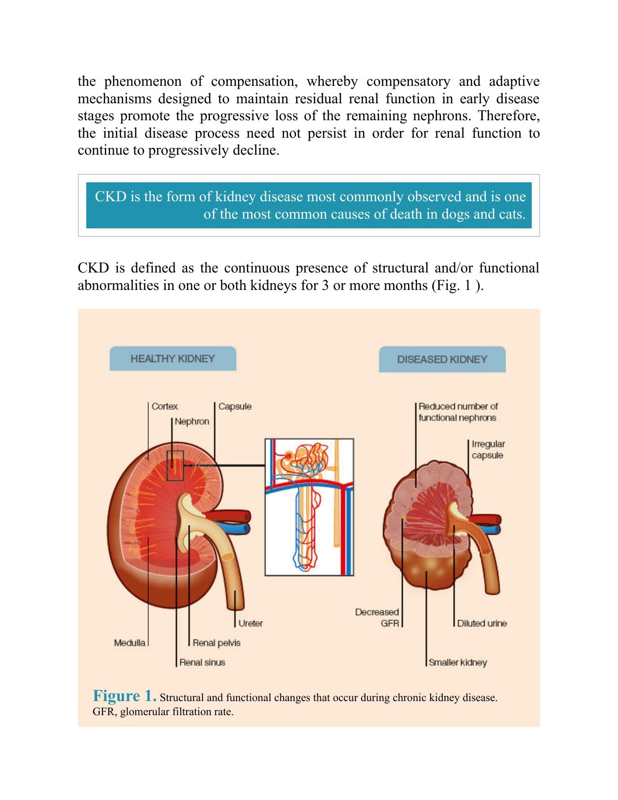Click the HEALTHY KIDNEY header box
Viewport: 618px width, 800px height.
[173, 358]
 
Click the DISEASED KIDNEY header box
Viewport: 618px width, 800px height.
[442, 359]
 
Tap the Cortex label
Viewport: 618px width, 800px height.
[164, 406]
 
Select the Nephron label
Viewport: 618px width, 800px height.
[191, 421]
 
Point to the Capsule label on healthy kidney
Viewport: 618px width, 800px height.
[235, 406]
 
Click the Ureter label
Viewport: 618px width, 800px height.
[250, 623]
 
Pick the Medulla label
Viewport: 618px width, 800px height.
[129, 642]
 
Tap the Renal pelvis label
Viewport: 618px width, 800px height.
[217, 643]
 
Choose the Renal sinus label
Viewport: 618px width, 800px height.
[202, 662]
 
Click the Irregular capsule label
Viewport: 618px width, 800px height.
[488, 449]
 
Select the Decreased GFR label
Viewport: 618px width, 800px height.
[377, 617]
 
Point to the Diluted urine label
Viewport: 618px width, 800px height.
[482, 623]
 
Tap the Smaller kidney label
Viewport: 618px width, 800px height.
[458, 662]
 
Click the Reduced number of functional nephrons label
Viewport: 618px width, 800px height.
[458, 412]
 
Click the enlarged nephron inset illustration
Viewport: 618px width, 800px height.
[309, 507]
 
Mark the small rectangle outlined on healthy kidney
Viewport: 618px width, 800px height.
[175, 465]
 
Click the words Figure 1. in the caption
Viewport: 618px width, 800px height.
[125, 695]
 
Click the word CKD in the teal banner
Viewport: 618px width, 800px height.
[111, 196]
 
